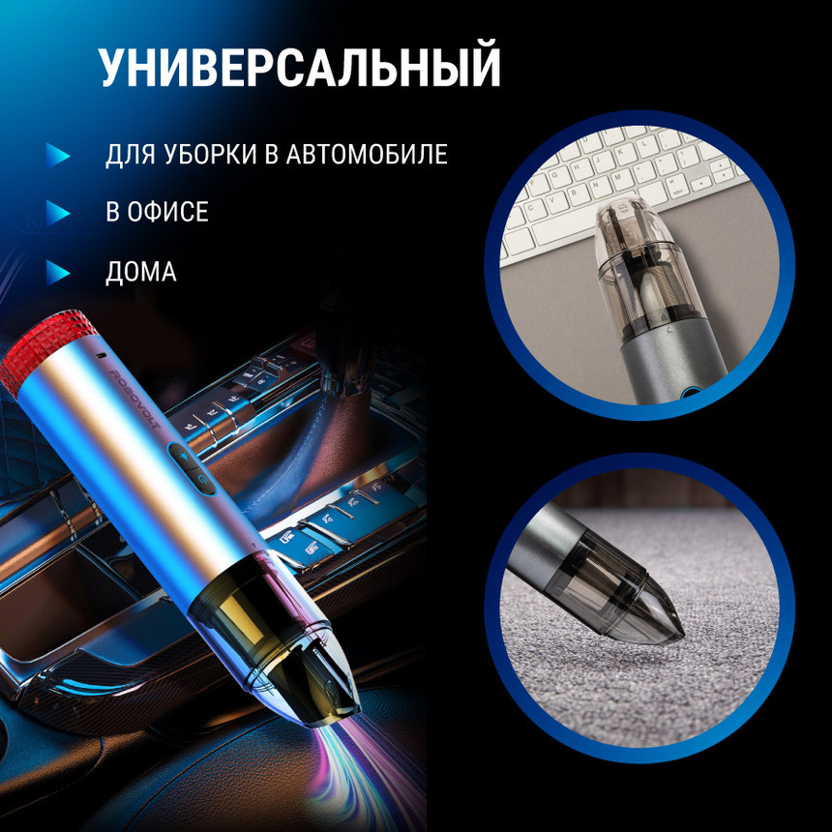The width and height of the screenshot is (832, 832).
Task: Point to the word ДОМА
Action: click(x=141, y=272)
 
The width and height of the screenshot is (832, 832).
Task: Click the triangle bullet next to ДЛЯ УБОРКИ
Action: click(x=59, y=155)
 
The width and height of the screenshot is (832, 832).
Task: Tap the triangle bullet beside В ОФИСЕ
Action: click(x=59, y=213)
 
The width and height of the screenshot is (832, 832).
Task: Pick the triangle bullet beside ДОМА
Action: click(x=59, y=272)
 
